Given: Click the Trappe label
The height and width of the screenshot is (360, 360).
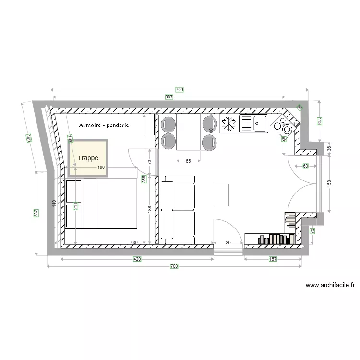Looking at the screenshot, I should pyautogui.click(x=88, y=158).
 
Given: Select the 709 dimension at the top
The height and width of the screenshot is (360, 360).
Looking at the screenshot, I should pyautogui.click(x=179, y=90).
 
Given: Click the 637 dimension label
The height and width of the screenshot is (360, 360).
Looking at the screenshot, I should pyautogui.click(x=168, y=97).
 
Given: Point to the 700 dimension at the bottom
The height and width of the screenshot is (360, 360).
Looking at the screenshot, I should pyautogui.click(x=174, y=266).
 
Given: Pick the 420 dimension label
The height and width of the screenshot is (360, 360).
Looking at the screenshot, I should pyautogui.click(x=137, y=259).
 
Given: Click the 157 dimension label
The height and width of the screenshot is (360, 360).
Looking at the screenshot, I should pyautogui.click(x=273, y=259).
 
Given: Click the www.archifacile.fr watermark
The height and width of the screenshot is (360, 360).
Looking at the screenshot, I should pyautogui.click(x=330, y=285).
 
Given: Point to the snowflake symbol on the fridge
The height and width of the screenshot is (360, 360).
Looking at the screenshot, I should pyautogui.click(x=229, y=124).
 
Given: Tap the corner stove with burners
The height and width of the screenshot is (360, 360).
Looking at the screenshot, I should pyautogui.click(x=283, y=126).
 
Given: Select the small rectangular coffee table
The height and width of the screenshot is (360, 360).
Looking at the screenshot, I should pyautogui.click(x=222, y=194).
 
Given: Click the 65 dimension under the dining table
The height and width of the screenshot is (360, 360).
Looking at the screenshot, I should pyautogui.click(x=188, y=162).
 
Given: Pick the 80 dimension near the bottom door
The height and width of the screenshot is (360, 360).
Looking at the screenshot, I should pyautogui.click(x=228, y=243).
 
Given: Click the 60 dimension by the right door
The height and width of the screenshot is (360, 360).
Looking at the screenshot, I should pyautogui.click(x=305, y=166).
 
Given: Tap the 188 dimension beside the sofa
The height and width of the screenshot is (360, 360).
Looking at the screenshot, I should pyautogui.click(x=150, y=209).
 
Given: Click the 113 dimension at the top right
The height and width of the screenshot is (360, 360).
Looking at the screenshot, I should pyautogui.click(x=318, y=121).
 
